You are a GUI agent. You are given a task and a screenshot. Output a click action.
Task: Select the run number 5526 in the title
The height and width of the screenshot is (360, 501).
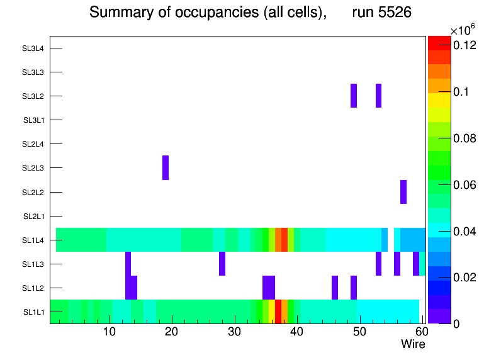click(x=381, y=13)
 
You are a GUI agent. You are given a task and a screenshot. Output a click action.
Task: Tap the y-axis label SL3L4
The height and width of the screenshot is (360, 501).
click(x=33, y=48)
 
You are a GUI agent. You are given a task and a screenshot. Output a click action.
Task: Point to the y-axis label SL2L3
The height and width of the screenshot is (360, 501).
click(x=33, y=168)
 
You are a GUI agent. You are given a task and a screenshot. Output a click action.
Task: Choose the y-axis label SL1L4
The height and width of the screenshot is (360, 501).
click(x=33, y=240)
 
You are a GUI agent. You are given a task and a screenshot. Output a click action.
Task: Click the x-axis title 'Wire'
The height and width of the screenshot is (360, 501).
click(x=413, y=344)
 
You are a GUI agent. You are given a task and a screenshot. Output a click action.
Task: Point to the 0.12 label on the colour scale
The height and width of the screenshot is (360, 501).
click(x=464, y=45)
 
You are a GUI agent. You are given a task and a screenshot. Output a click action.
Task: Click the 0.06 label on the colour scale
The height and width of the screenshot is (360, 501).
click(x=464, y=185)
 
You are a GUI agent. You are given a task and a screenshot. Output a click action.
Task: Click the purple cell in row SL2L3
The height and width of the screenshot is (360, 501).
click(x=166, y=167)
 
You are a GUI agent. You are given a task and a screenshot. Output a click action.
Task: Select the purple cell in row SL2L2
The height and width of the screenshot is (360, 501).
click(x=403, y=192)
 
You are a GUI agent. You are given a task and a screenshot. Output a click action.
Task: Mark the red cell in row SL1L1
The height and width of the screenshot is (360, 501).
click(x=278, y=312)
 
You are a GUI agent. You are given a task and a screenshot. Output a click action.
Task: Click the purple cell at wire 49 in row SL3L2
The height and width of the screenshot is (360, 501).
click(x=354, y=95)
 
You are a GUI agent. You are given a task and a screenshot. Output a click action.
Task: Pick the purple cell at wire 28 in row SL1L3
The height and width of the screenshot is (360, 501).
click(x=222, y=264)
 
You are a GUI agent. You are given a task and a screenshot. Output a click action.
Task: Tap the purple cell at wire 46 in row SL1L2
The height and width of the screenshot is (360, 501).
click(x=335, y=288)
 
